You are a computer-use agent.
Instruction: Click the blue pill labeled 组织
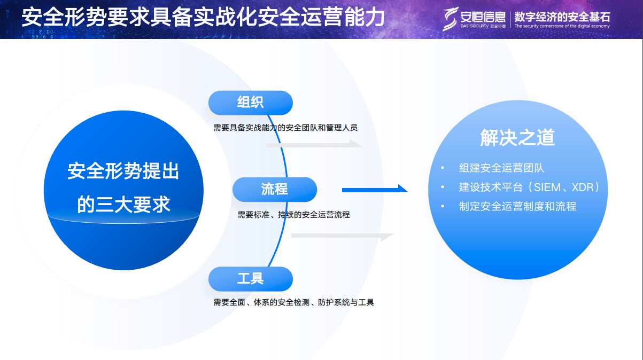250,103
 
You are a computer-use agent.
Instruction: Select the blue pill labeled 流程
274,189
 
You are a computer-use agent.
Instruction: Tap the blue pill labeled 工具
250,279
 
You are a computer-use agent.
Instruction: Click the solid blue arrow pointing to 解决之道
374,189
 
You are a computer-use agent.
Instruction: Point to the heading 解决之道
517,138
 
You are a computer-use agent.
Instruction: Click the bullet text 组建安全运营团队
501,168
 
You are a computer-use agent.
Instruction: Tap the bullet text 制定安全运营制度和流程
517,207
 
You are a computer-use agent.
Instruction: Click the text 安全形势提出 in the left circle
123,171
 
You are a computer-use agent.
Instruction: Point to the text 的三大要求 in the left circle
123,205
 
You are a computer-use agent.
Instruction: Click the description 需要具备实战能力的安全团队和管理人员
285,128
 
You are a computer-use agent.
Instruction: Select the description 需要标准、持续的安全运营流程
293,215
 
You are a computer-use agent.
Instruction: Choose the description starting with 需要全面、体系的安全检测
293,302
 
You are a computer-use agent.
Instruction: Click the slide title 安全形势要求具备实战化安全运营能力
203,18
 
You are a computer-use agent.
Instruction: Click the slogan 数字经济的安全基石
561,15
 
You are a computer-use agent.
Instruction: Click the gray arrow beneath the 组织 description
314,144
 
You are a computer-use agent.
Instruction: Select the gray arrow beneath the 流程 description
342,236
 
